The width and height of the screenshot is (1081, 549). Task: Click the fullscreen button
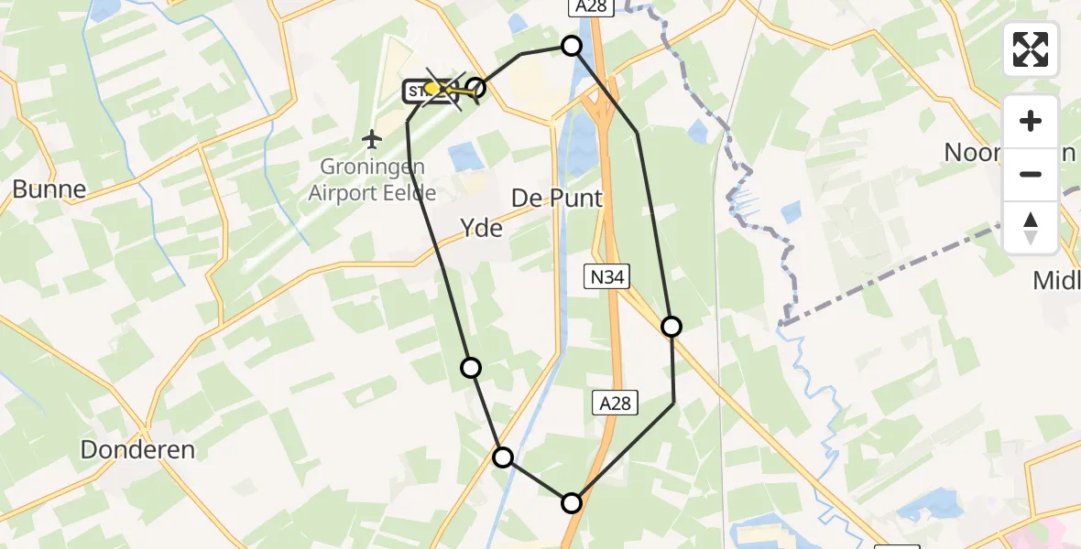coord(1031,49)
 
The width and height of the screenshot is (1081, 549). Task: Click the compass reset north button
coord(1031,227)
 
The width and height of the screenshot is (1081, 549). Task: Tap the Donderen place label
coord(137,450)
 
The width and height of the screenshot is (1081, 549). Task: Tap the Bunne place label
coord(49,189)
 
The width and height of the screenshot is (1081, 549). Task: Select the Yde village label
coord(482,228)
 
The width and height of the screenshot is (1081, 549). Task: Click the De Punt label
coord(557,199)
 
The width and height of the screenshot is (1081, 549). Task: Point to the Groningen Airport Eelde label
coord(372,179)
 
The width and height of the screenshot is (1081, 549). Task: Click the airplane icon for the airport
coord(371,140)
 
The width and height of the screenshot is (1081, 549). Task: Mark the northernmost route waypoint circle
coord(572,46)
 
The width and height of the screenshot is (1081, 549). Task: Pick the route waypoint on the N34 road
coord(672,327)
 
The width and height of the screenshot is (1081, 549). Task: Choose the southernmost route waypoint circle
coord(572,502)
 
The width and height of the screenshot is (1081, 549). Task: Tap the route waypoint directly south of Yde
coord(471,368)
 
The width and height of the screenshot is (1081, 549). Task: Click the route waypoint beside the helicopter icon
coord(475,89)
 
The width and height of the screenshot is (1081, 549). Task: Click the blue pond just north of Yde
coord(466,156)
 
